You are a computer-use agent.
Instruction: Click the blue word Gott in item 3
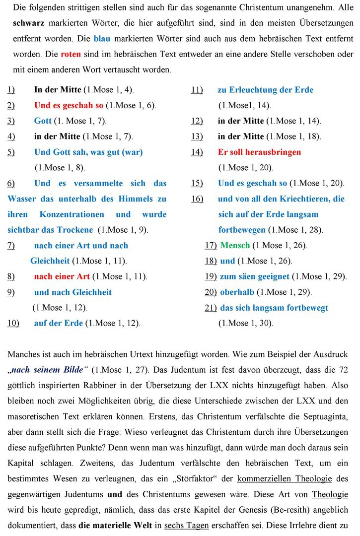point(43,121)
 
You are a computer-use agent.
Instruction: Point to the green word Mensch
point(235,245)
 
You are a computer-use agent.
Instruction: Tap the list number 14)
point(197,152)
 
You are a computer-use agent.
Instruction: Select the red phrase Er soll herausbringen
point(259,152)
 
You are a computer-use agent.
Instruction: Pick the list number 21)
point(211,308)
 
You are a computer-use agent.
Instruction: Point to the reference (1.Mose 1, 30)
point(246,323)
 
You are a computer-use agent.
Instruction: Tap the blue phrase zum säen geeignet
point(255,276)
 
